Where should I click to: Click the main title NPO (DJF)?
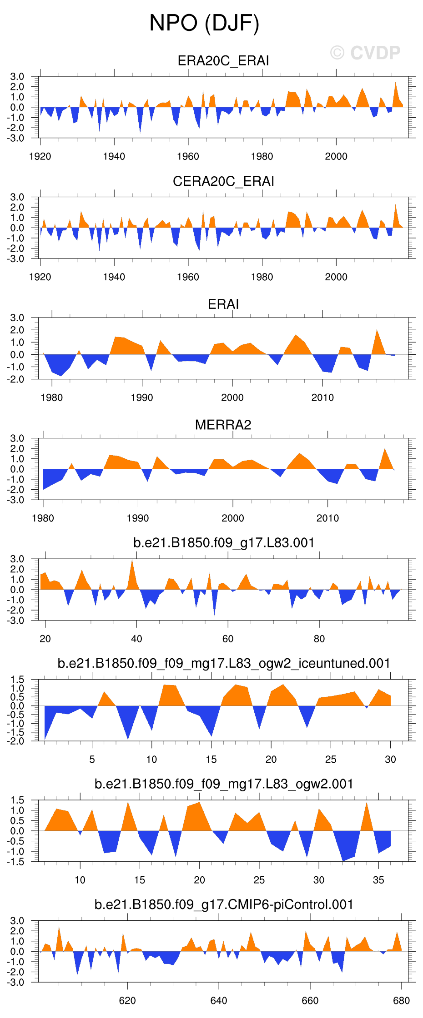(204, 23)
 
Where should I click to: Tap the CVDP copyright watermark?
(365, 53)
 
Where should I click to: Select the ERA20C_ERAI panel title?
(223, 61)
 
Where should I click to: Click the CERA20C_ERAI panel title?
(223, 181)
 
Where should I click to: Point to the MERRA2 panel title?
(223, 425)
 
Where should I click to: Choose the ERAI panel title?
(223, 304)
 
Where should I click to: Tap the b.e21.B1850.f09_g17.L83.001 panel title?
(224, 542)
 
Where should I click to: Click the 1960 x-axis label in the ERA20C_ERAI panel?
(188, 156)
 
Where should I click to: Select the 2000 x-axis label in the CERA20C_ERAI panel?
(336, 277)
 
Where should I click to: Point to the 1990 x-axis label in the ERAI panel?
(142, 397)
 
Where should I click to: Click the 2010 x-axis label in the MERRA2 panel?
(327, 518)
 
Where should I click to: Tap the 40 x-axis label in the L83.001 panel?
(136, 639)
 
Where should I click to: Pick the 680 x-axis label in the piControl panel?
(401, 1000)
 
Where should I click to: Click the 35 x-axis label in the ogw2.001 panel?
(378, 880)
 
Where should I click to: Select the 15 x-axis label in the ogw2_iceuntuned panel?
(211, 759)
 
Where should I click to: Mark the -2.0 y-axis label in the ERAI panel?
(17, 379)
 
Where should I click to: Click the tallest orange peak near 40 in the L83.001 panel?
(132, 561)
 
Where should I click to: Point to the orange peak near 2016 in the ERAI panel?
(377, 330)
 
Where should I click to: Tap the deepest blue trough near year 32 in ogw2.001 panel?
(343, 860)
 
